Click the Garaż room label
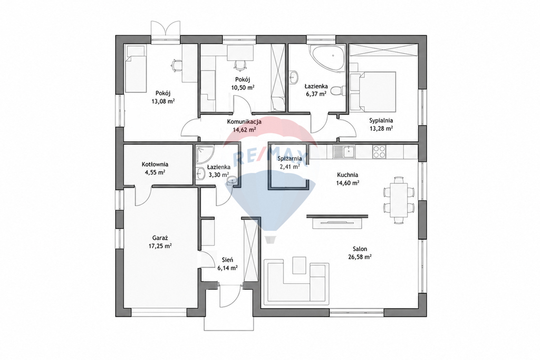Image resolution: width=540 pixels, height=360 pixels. point(160,238)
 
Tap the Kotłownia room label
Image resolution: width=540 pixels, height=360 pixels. point(155,164)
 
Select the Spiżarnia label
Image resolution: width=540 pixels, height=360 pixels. point(290,158)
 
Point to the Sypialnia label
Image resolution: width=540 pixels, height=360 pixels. point(381,121)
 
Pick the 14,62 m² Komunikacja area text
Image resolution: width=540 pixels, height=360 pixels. point(244,130)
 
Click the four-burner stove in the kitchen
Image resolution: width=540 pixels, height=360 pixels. point(379,151)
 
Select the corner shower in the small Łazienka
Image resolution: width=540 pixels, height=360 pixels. point(204,154)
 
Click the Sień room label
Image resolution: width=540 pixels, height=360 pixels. point(227,260)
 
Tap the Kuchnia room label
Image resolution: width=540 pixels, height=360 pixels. point(348,174)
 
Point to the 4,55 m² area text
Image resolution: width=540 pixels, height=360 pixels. point(155,172)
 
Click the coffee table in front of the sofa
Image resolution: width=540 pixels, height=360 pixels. point(300,265)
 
